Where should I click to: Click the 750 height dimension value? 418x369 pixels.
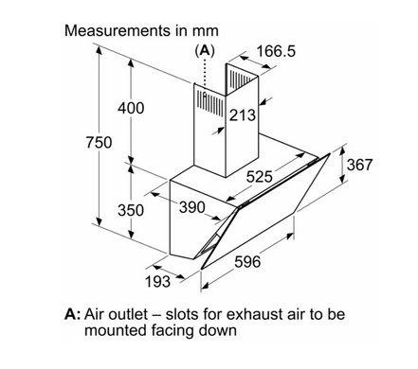99,142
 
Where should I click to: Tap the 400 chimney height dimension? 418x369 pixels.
131,108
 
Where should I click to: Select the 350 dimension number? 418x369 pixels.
131,210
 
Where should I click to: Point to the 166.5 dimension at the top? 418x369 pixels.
276,51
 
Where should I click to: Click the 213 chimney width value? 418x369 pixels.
242,115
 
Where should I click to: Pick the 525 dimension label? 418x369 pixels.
259,176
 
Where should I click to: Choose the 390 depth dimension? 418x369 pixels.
192,207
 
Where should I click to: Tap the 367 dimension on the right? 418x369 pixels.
360,165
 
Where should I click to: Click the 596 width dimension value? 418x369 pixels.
247,261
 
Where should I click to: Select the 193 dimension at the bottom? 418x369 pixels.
157,281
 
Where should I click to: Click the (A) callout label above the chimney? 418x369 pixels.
205,50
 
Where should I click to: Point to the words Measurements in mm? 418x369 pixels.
141,31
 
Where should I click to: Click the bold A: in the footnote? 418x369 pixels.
72,314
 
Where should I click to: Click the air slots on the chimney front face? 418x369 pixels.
210,103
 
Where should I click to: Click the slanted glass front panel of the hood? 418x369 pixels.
265,211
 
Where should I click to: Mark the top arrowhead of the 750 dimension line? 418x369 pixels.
100,50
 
